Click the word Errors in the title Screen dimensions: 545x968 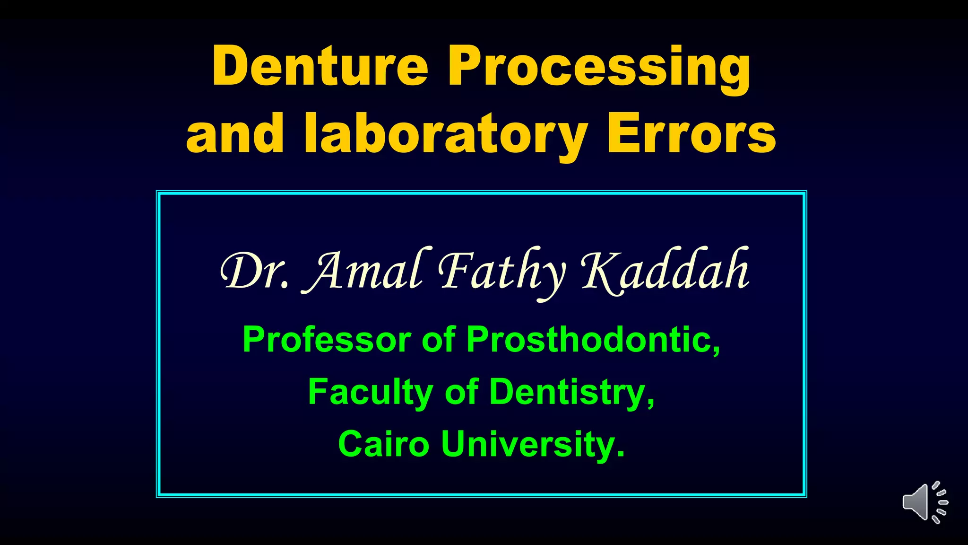(691, 134)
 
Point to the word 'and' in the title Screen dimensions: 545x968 (235, 134)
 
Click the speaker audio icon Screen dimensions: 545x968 (924, 503)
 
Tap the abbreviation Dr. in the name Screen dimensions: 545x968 (254, 271)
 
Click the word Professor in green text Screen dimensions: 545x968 (327, 340)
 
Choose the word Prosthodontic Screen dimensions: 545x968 (593, 340)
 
